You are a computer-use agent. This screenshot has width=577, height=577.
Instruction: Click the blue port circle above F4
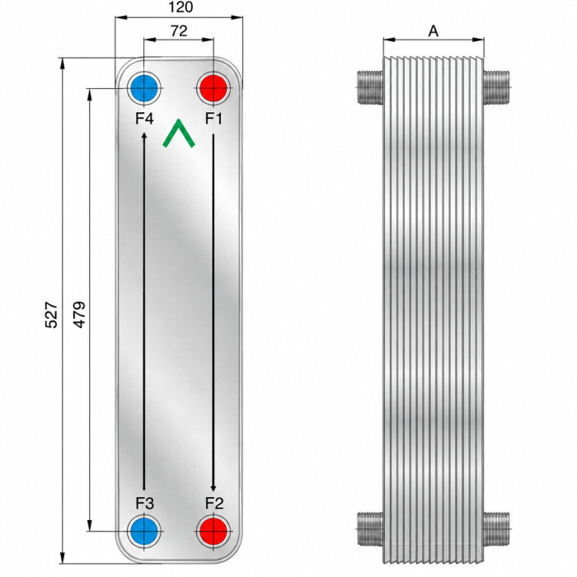(144, 88)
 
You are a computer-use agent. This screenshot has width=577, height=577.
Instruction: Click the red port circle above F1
(213, 88)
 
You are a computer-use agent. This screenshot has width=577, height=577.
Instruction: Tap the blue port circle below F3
(144, 532)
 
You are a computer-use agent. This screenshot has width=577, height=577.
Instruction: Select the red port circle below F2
(213, 532)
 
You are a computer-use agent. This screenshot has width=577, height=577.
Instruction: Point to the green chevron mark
(179, 134)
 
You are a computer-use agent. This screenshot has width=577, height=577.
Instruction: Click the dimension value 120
(181, 7)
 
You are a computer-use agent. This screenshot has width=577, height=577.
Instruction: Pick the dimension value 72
(179, 31)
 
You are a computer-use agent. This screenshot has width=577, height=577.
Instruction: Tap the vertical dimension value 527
(51, 315)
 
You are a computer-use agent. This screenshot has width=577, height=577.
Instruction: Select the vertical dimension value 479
(79, 315)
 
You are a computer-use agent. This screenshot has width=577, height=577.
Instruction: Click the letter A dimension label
(434, 31)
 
